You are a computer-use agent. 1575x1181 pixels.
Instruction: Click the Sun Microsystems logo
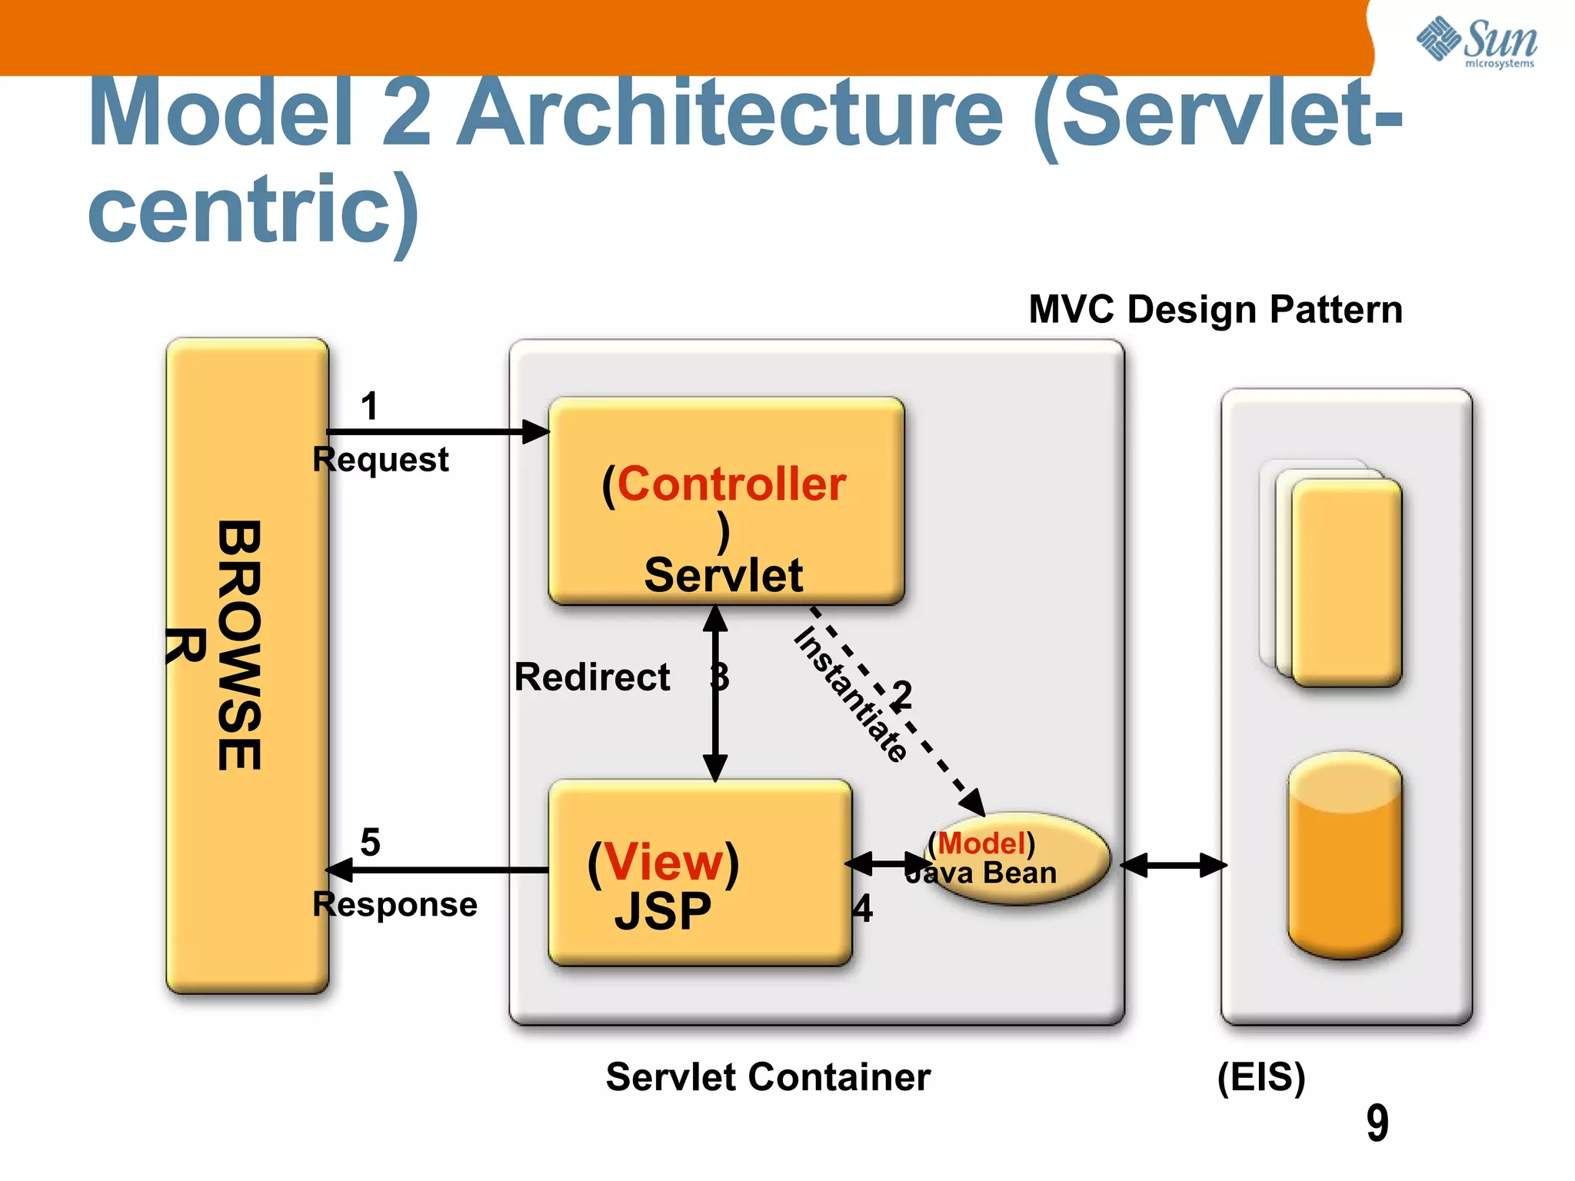1477,42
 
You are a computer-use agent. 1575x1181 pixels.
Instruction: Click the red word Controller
731,484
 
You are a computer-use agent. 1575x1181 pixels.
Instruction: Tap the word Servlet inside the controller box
724,575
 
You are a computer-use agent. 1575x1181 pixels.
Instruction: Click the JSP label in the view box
663,912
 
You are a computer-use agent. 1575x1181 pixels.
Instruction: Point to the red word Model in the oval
982,843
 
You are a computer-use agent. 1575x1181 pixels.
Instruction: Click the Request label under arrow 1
380,460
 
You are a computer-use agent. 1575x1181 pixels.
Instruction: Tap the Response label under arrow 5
395,904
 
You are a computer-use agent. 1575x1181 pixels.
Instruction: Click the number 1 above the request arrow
370,405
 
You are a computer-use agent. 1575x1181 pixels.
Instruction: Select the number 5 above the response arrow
370,842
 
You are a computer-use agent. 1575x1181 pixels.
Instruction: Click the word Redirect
591,677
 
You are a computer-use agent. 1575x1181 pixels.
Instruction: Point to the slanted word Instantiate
850,694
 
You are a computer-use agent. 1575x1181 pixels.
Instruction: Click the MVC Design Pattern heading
1215,309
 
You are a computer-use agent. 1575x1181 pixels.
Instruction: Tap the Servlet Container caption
768,1076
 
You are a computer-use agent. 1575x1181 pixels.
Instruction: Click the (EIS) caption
1261,1076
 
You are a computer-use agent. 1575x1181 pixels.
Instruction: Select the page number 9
1377,1123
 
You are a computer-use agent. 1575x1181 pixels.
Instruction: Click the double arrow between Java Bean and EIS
1173,865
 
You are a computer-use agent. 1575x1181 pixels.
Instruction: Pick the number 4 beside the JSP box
863,909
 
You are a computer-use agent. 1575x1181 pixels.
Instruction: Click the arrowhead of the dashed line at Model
974,803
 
